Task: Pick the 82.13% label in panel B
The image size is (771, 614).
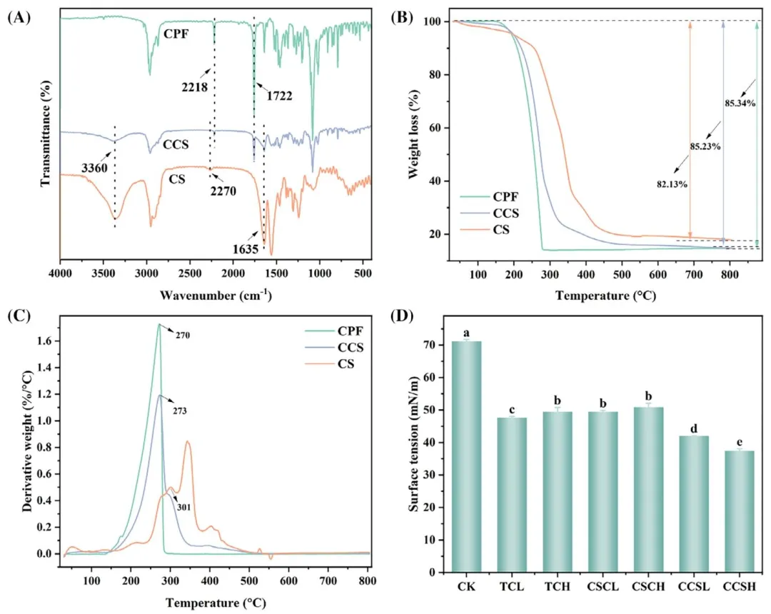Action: [x=671, y=184]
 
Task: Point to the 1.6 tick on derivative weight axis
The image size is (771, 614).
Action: [x=49, y=341]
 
